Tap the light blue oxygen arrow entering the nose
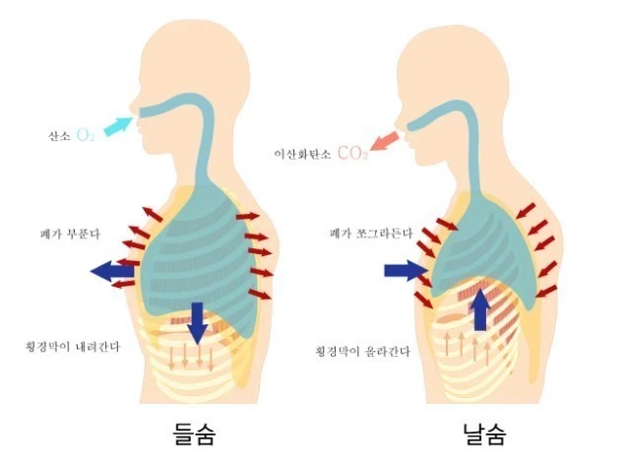[x=117, y=125]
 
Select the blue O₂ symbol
[x=86, y=135]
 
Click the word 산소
[x=59, y=135]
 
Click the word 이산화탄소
[x=302, y=155]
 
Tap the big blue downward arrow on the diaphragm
[x=198, y=321]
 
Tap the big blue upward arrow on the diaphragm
[x=480, y=307]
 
